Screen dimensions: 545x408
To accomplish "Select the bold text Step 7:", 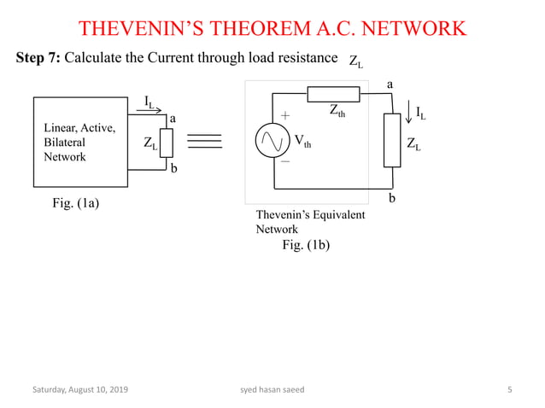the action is [x=38, y=58].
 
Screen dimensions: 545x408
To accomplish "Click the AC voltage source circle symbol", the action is [x=273, y=141].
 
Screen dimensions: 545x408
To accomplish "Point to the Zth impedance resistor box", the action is [x=333, y=94].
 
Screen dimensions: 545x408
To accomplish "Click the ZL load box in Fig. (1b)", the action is [x=392, y=139].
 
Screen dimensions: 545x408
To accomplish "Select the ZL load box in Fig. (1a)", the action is [x=167, y=143].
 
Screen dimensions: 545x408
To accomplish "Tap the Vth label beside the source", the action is [x=302, y=141].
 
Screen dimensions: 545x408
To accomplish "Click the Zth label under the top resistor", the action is [x=337, y=110].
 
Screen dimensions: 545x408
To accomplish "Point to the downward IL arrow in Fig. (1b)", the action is [x=408, y=114].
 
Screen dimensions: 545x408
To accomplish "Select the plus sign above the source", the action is [x=285, y=114].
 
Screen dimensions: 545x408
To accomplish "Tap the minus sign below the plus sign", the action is [x=285, y=160].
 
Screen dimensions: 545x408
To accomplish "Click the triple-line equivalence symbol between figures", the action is [x=204, y=141].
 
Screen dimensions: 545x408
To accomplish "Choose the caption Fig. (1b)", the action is [x=305, y=244].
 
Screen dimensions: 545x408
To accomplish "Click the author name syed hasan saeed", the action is [x=272, y=390].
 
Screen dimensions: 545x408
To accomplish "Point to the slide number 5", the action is [x=510, y=390].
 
